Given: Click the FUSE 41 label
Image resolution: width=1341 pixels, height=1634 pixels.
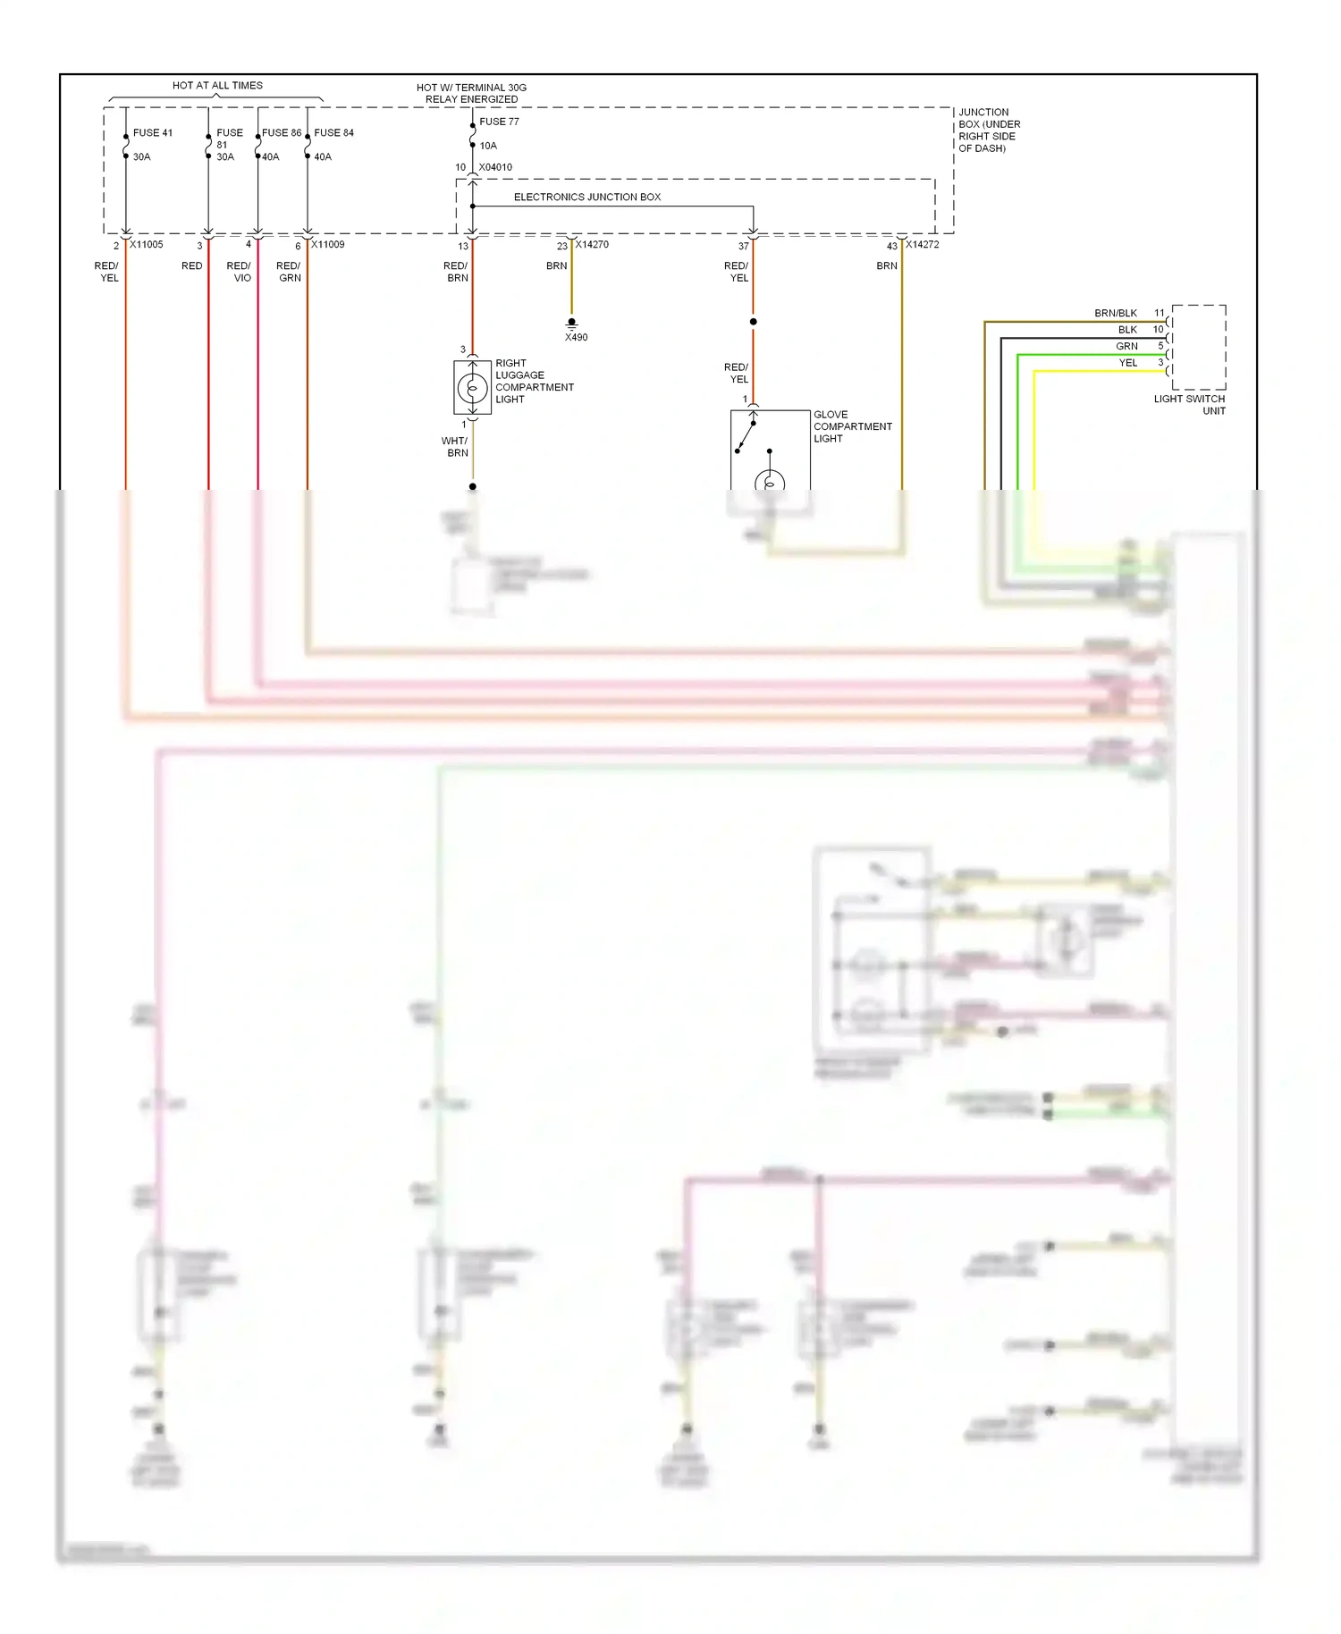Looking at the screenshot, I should pos(152,132).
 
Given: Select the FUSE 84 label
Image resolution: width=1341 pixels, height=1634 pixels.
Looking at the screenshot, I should pos(333,132).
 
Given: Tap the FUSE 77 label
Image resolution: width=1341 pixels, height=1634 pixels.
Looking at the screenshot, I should pos(499,122).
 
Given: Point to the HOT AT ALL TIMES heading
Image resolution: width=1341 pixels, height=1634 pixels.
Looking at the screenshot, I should pos(217,86).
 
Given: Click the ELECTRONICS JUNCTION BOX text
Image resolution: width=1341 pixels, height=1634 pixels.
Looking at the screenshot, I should pos(586,197).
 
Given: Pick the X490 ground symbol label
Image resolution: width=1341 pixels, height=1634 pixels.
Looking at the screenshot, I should pos(576,337).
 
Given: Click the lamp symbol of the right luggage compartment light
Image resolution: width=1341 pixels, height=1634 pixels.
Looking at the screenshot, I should pos(472,388).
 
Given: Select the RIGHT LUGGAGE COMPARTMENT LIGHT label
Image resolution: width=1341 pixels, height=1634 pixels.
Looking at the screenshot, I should pos(533,382).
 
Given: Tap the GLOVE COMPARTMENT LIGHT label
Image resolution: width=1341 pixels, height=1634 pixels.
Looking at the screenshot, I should pos(851,426).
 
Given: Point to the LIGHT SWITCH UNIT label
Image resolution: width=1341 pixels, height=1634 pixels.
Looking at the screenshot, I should pos(1190,405).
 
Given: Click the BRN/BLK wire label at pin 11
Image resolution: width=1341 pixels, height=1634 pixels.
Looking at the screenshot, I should pos(1115,313).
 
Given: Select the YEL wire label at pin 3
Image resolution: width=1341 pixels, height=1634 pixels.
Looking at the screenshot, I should pos(1127,363).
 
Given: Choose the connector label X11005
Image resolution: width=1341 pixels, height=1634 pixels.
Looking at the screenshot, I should pos(146,244).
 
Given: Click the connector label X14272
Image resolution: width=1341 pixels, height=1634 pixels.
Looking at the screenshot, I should pos(922,244).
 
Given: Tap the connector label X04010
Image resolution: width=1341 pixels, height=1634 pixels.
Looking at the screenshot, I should pos(495,167).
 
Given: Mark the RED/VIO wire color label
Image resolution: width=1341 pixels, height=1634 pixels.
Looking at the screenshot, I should pos(240,272).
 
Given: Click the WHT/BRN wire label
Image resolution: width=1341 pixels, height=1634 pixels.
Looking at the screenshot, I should pos(455,447).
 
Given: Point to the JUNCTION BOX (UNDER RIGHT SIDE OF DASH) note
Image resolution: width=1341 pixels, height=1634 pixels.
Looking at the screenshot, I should pos(989,131).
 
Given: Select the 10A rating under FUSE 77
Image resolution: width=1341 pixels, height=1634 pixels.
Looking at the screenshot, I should pos(488,146).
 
